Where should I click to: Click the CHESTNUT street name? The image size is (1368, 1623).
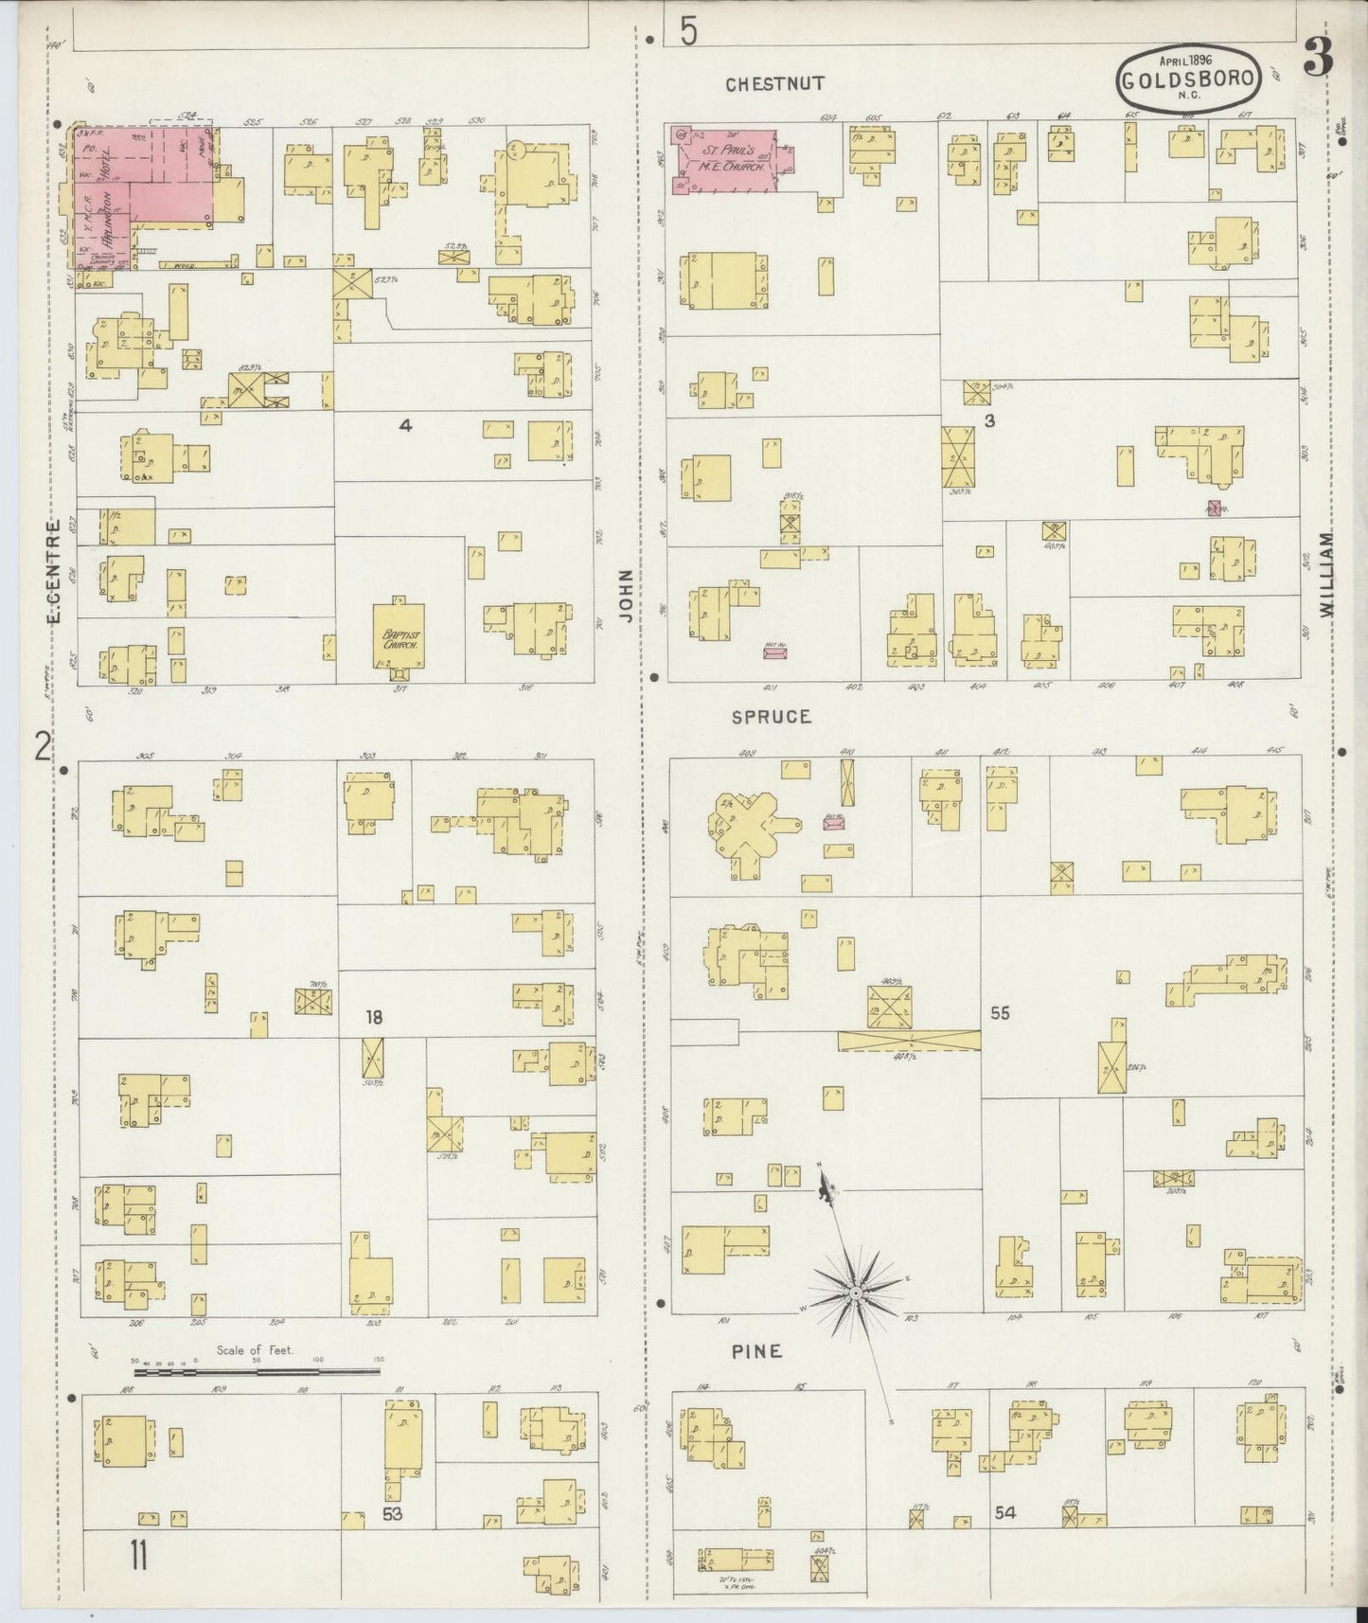point(774,84)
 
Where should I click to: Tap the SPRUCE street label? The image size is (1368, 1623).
point(772,717)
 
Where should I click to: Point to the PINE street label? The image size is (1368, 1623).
point(757,1351)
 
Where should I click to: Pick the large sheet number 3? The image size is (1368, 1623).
point(1318,59)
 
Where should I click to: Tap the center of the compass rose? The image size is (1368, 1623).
point(855,1292)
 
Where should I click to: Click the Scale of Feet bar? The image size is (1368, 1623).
point(256,1370)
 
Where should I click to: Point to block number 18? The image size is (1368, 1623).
point(375,1017)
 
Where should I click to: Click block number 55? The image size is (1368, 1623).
point(1000,1013)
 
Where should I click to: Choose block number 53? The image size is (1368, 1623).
point(393,1513)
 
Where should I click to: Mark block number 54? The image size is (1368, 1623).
point(1004,1512)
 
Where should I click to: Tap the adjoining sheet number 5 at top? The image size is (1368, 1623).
point(687,32)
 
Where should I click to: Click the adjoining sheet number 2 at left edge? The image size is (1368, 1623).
point(42,748)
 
